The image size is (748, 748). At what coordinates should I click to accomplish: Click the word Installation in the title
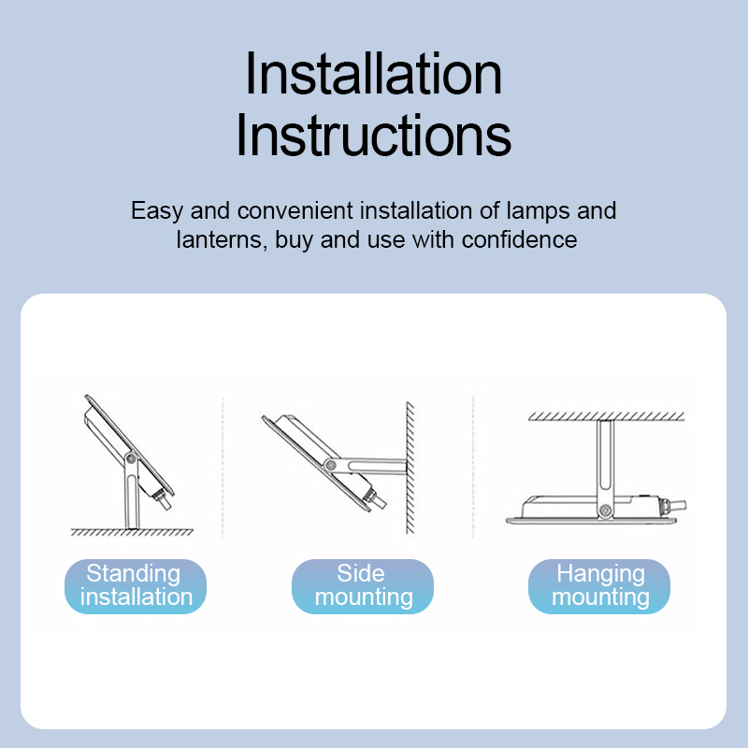tap(373, 74)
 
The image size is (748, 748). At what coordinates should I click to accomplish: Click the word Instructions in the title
tap(373, 135)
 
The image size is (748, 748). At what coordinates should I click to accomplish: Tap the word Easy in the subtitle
tap(157, 211)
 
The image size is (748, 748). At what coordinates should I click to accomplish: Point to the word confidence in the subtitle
tap(520, 239)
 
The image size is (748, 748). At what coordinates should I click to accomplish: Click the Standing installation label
tap(136, 586)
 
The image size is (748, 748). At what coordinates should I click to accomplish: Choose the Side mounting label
tap(363, 586)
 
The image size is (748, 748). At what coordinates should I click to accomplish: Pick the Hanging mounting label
tap(599, 586)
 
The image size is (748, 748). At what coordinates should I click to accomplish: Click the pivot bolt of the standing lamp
tap(131, 459)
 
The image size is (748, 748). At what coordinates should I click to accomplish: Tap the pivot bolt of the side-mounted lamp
tap(330, 465)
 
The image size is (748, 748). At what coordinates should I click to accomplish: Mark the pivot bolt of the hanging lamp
tap(605, 511)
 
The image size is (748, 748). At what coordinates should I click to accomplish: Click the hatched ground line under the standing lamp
tap(132, 532)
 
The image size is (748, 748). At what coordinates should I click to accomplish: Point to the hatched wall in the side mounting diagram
tap(410, 467)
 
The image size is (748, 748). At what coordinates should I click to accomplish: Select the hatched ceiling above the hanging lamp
tap(606, 416)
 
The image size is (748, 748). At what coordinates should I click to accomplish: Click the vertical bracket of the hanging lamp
tap(605, 467)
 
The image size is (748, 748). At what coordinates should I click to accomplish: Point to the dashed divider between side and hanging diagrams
tap(473, 467)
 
